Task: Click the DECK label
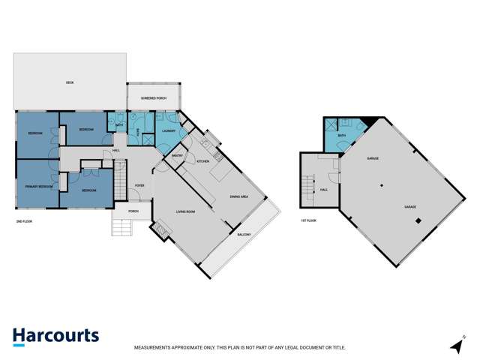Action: click(x=70, y=82)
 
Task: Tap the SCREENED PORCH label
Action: click(x=153, y=98)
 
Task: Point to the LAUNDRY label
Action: click(x=169, y=131)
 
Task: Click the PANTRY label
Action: click(x=178, y=155)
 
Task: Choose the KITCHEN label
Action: click(x=202, y=161)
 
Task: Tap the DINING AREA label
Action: click(x=239, y=196)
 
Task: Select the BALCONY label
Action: click(x=244, y=235)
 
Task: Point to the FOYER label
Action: click(x=139, y=185)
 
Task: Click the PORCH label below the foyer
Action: click(x=133, y=211)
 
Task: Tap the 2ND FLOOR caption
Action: click(x=24, y=221)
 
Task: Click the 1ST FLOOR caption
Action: click(x=308, y=220)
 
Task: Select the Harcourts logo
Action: click(x=55, y=336)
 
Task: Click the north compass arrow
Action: click(x=456, y=345)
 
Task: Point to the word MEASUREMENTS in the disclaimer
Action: click(x=154, y=348)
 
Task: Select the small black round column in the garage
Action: click(x=381, y=185)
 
